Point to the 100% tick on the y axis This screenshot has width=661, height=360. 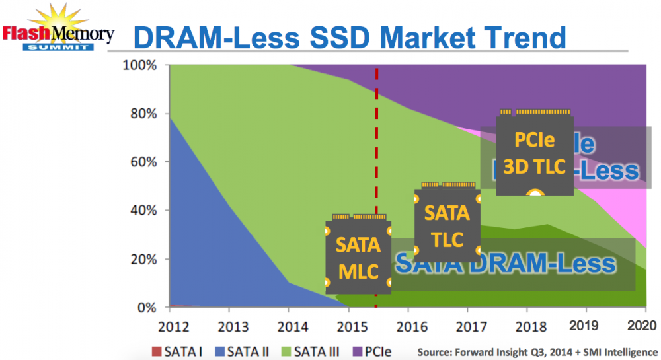click(139, 65)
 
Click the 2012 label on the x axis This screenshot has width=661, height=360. click(170, 326)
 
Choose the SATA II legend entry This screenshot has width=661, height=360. click(243, 350)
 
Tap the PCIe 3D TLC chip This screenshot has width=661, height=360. click(535, 155)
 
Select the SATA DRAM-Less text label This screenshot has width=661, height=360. click(506, 264)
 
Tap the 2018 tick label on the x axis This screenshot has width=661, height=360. click(526, 326)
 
